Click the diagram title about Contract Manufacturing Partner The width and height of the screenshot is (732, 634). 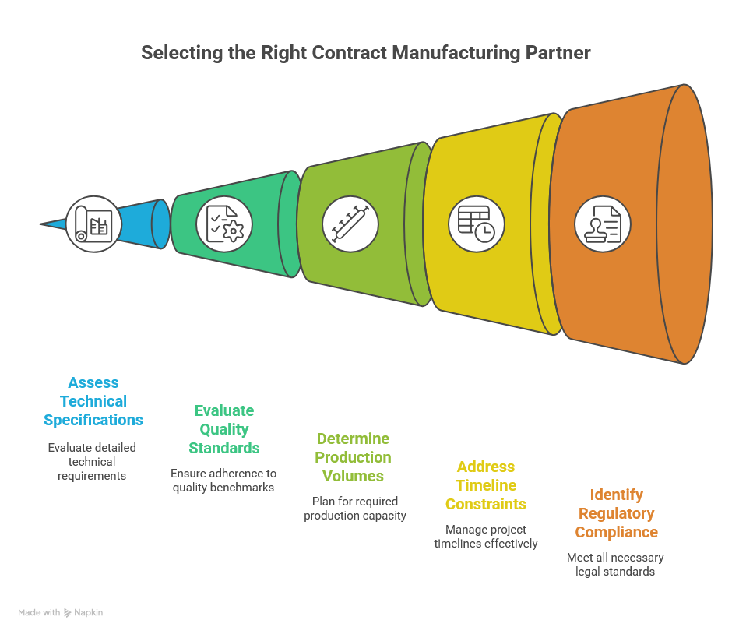[365, 53]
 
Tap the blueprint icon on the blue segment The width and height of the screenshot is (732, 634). [93, 224]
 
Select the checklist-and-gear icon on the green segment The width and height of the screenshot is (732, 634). [224, 224]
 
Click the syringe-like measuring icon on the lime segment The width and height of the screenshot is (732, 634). [350, 224]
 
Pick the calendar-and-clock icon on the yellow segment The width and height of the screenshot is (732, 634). [476, 224]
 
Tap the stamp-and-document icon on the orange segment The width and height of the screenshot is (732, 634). [603, 224]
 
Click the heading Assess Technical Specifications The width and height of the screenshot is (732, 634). [93, 401]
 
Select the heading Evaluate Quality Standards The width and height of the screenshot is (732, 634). [224, 429]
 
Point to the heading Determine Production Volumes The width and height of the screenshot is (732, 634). [354, 457]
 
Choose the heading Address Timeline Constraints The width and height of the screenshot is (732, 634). [486, 485]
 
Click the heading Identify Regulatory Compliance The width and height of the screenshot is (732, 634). [616, 513]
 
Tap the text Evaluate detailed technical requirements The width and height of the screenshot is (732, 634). [92, 461]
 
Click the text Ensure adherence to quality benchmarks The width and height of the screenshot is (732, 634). [224, 480]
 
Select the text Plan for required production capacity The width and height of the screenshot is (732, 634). [355, 508]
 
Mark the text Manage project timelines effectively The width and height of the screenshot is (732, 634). [486, 536]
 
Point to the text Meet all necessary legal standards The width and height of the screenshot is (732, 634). [615, 564]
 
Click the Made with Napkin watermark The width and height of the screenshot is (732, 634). [61, 612]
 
